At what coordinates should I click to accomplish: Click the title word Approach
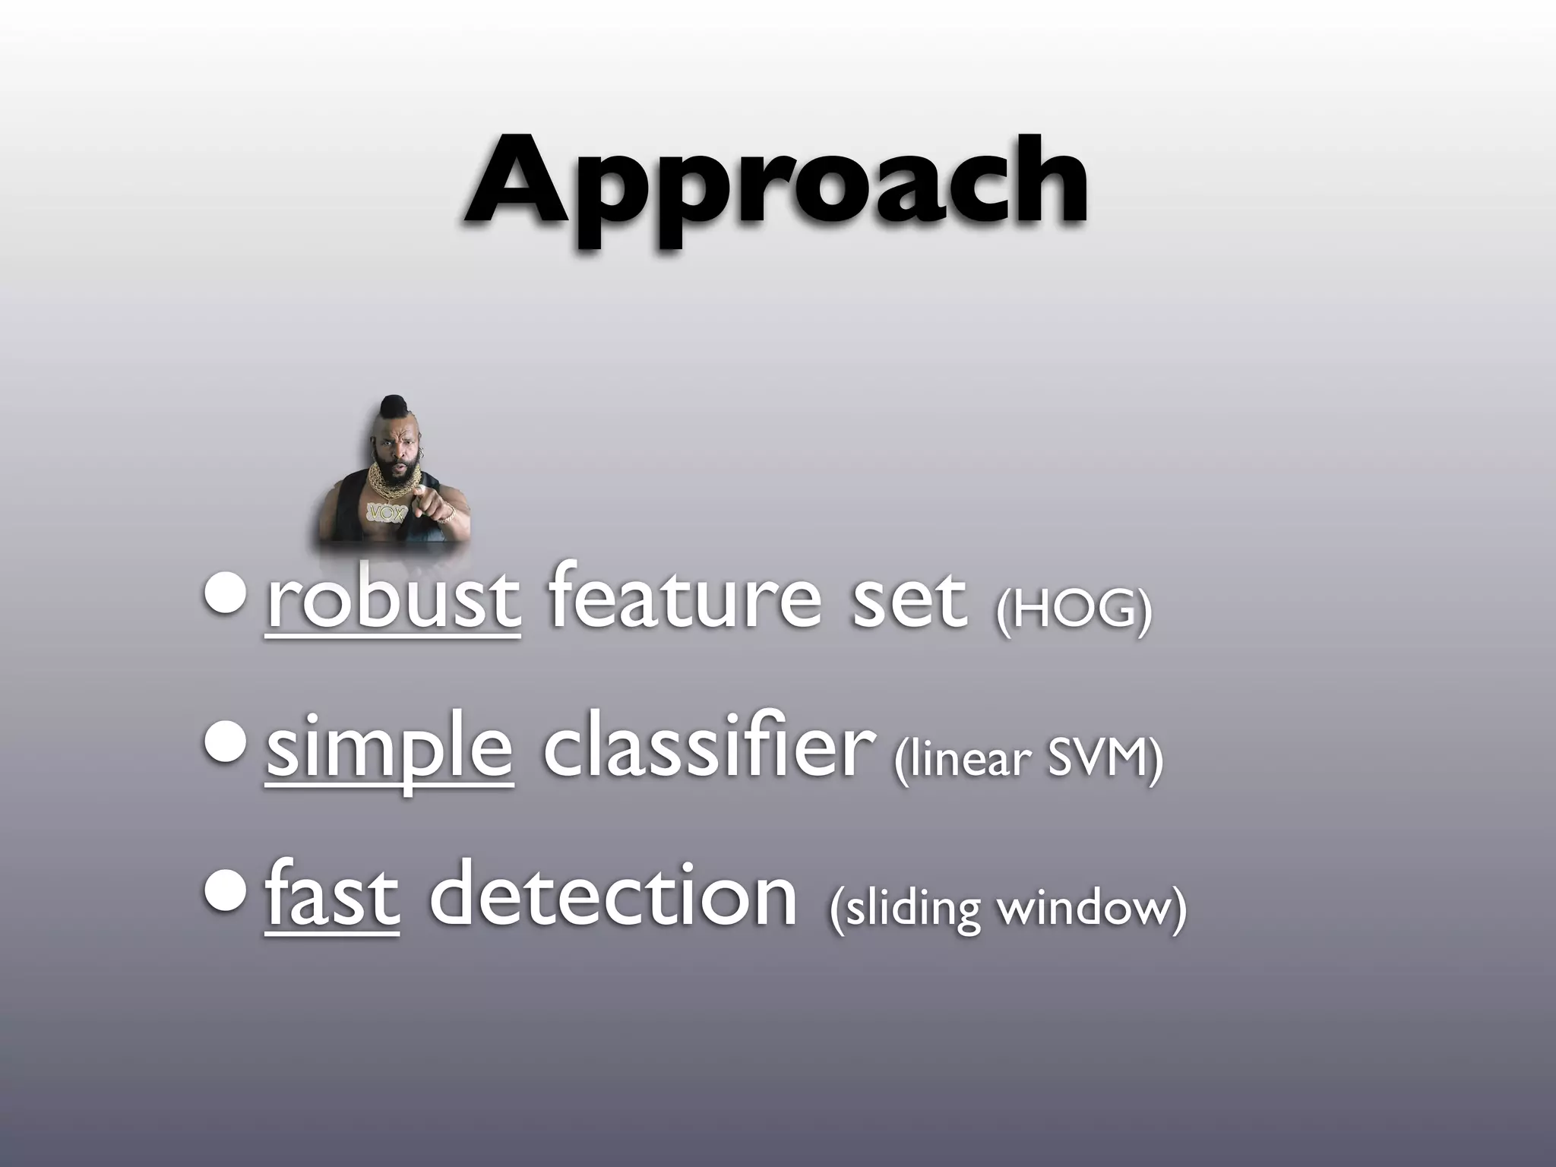(x=776, y=186)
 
